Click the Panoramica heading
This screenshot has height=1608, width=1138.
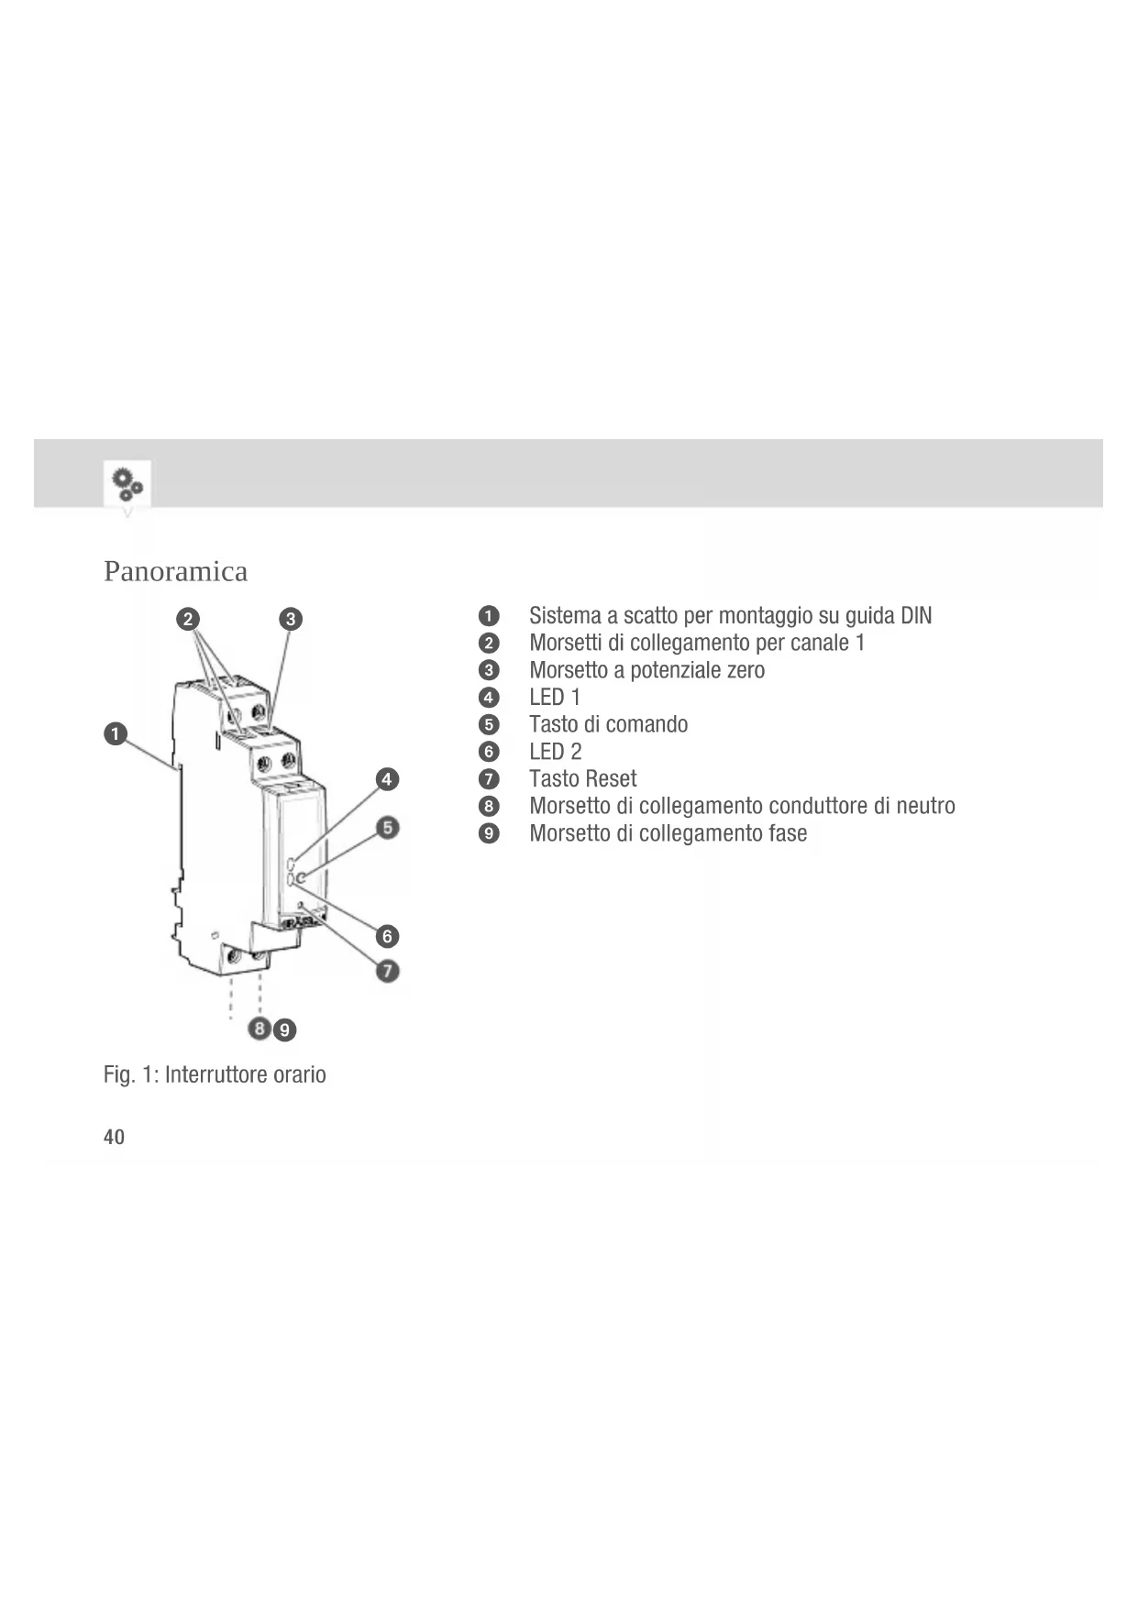(x=175, y=571)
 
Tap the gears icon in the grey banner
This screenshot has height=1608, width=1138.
(x=127, y=483)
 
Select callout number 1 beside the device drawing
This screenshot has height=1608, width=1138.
(x=116, y=734)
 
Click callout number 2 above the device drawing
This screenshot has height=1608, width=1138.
(x=188, y=619)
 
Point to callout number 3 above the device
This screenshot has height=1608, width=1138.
(x=290, y=619)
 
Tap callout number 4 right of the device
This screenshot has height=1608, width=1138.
(x=387, y=779)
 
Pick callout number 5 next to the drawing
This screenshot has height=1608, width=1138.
(x=388, y=828)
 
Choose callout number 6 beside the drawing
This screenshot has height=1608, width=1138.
(x=387, y=936)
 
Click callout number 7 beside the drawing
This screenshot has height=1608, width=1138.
(x=388, y=970)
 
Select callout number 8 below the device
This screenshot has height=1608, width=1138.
(x=260, y=1029)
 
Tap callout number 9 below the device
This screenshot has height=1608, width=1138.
(x=285, y=1030)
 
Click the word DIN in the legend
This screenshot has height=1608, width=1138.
(x=915, y=615)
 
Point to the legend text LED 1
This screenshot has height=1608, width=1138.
(x=555, y=697)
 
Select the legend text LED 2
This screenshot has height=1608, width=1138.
(x=555, y=752)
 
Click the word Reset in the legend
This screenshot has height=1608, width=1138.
(x=610, y=779)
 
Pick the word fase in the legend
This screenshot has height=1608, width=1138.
(x=788, y=833)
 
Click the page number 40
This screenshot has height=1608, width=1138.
(x=114, y=1137)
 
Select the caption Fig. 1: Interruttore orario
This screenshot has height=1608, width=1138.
(x=215, y=1074)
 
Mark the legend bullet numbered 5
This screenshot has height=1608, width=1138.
(x=489, y=724)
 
